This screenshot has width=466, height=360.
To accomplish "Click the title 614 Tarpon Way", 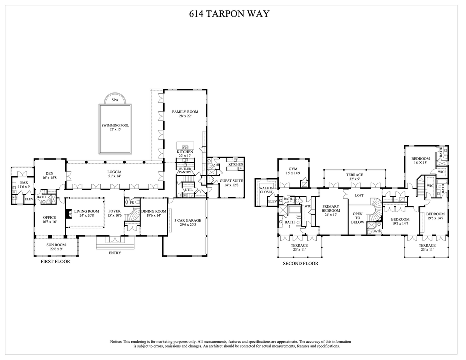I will click(232, 14).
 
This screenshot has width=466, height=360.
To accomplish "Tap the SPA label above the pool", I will click(115, 100).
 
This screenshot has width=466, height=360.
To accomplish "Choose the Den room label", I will click(49, 172).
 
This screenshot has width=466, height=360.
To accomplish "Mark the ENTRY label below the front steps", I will click(115, 253).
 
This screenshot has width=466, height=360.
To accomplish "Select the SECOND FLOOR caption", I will click(300, 264).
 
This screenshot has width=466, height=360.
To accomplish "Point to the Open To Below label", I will click(358, 219).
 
